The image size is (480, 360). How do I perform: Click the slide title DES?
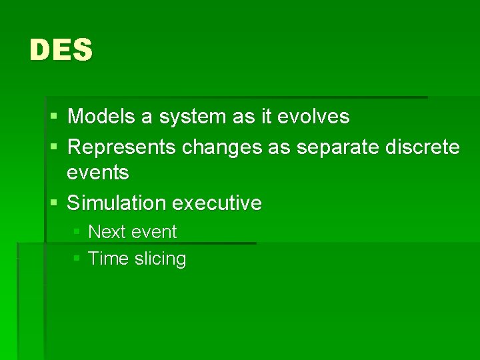click(x=61, y=51)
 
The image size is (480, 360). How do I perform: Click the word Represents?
click(x=122, y=147)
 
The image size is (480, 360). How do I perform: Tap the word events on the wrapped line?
click(x=98, y=173)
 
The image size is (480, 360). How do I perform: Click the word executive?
click(x=217, y=203)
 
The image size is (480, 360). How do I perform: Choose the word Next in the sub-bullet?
click(x=107, y=232)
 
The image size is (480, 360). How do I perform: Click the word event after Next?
click(x=154, y=232)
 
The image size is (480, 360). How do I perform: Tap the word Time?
click(x=108, y=259)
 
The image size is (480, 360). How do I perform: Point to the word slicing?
click(x=160, y=259)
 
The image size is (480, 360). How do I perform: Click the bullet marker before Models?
click(x=54, y=117)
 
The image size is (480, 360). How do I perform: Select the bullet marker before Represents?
click(x=54, y=147)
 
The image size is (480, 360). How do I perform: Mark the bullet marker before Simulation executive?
click(x=54, y=203)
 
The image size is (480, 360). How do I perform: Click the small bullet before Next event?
click(x=77, y=232)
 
